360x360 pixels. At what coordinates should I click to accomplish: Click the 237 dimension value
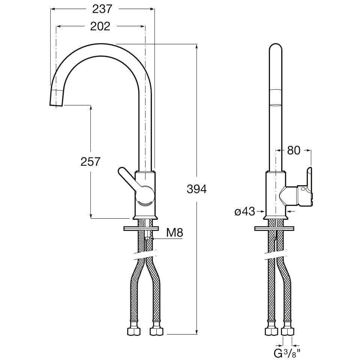[x=102, y=9]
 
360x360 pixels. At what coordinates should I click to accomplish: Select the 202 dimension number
[x=100, y=26]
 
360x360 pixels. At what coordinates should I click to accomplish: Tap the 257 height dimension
[x=90, y=162]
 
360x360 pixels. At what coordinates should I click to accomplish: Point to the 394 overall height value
[x=196, y=189]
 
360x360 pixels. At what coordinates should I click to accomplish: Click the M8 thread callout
[x=174, y=233]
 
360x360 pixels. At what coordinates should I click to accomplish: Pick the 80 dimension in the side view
[x=294, y=150]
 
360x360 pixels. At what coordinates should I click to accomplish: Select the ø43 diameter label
[x=244, y=212]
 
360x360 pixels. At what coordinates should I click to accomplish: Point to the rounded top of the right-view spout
[x=276, y=49]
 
